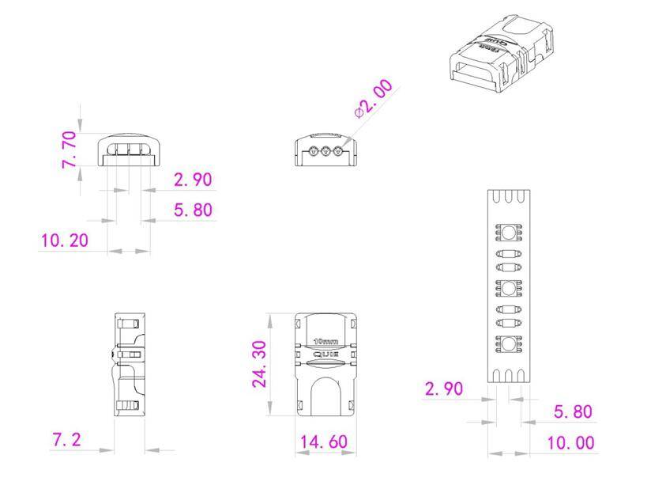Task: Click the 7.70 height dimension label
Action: (x=70, y=150)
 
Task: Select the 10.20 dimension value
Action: (x=64, y=240)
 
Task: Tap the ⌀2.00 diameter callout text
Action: (x=373, y=98)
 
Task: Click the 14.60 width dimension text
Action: (x=323, y=442)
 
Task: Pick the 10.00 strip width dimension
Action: (x=570, y=442)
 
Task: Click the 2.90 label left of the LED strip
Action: (x=444, y=389)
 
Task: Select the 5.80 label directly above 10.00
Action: (x=573, y=411)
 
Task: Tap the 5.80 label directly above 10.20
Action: (x=193, y=210)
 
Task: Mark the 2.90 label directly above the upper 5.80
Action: (x=193, y=180)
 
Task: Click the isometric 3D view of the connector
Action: (x=501, y=54)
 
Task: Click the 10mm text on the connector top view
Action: (x=325, y=342)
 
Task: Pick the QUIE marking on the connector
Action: (x=325, y=354)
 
